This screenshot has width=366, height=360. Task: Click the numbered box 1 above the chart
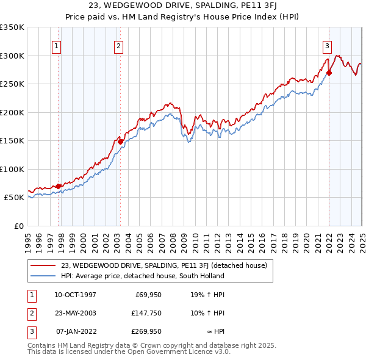coord(56,45)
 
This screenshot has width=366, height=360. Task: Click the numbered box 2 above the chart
coord(118,45)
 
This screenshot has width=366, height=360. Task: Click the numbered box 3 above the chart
coord(327,45)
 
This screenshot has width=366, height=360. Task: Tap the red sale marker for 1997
coord(59,186)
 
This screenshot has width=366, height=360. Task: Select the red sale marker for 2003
coord(121,142)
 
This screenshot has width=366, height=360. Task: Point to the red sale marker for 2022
coord(329,73)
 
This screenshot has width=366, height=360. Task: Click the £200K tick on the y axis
coord(13,112)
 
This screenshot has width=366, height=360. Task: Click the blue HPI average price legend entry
coord(142,276)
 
